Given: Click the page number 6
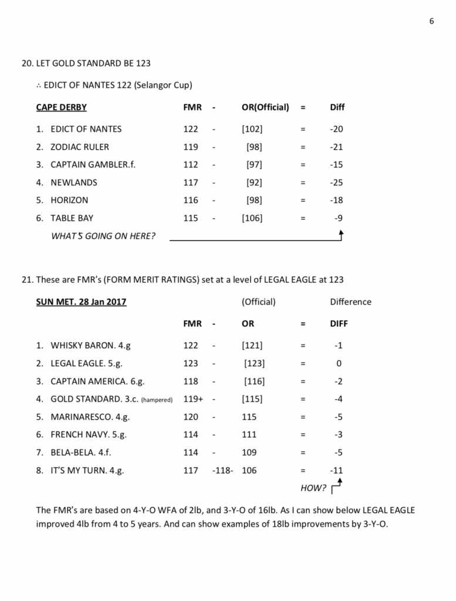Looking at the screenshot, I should coord(432,22).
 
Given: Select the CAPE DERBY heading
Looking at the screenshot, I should coord(61,107).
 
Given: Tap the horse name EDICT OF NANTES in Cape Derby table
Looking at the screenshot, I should coord(86,129).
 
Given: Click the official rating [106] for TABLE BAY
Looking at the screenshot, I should coord(252,218).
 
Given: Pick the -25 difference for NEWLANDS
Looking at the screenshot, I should coord(336,183).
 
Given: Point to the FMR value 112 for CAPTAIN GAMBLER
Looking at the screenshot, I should coord(191,165).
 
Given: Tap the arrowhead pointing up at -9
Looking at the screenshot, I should coord(341,233).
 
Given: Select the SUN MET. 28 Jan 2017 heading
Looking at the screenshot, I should coord(81,302).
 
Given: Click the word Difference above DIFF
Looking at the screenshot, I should coord(350,302).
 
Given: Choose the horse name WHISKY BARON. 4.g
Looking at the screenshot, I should coord(91,346).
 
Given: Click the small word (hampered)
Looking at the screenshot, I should coord(157,400).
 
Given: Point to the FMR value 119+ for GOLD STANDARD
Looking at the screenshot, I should coord(193,399).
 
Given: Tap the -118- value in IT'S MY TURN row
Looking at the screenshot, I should coord(222,471).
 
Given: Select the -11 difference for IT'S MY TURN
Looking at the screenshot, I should coord(336,471).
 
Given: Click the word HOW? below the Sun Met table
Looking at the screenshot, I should coord(313,488).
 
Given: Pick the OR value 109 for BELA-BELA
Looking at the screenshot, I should coord(249,453).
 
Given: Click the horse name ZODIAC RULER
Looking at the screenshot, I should coord(80,147).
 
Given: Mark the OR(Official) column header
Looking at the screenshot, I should coord(265,107).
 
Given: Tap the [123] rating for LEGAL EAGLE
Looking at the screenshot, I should coord(254,364).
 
